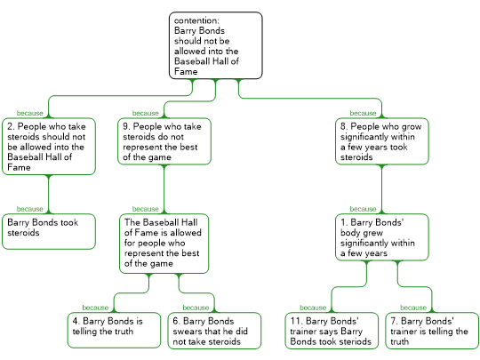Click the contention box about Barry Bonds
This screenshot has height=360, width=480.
pyautogui.click(x=216, y=45)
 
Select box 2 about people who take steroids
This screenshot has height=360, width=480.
pyautogui.click(x=49, y=147)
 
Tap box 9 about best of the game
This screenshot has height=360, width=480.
pyautogui.click(x=164, y=141)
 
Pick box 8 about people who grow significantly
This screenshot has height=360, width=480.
pyautogui.click(x=382, y=141)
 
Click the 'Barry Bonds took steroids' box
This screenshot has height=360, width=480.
pyautogui.click(x=49, y=231)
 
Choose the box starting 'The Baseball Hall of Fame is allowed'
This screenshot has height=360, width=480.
pyautogui.click(x=164, y=244)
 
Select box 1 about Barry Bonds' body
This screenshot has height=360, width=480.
pyautogui.click(x=382, y=237)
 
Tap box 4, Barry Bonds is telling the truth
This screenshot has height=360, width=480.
pyautogui.click(x=114, y=331)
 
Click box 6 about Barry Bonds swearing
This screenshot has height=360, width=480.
pyautogui.click(x=214, y=331)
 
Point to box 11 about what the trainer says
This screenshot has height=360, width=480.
pyautogui.click(x=332, y=331)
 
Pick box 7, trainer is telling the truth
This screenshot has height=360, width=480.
pyautogui.click(x=432, y=331)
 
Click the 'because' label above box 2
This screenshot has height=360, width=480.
pyautogui.click(x=29, y=113)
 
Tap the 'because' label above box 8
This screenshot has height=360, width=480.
pyautogui.click(x=363, y=113)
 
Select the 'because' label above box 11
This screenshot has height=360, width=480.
pyautogui.click(x=313, y=308)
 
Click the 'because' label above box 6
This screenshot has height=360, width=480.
pyautogui.click(x=196, y=308)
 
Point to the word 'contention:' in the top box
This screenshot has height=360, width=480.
pyautogui.click(x=196, y=20)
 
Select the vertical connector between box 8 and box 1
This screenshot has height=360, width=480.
pyautogui.click(x=382, y=189)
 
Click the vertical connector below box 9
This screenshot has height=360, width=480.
pyautogui.click(x=164, y=189)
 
